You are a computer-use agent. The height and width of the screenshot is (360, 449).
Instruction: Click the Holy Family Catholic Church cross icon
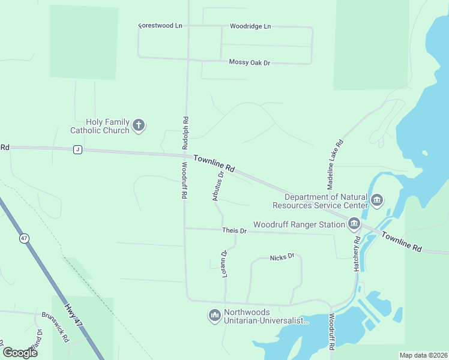139,125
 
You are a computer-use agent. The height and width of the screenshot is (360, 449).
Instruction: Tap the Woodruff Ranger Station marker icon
354,224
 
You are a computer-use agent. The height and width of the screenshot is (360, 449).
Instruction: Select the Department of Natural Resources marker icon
377,200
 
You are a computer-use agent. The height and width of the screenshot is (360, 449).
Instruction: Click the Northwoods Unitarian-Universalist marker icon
215,316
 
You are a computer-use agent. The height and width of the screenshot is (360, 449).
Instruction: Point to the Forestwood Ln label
160,26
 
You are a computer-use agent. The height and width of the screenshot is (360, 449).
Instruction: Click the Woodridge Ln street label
250,26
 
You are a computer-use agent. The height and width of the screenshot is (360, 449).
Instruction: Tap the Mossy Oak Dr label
250,62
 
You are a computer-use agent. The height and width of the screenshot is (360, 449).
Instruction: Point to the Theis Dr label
234,230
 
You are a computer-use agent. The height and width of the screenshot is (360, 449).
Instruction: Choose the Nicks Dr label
282,257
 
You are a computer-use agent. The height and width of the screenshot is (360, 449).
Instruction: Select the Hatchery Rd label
357,253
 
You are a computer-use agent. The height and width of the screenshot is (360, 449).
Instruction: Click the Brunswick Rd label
55,327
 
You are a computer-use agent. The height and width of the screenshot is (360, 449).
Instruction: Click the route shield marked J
77,149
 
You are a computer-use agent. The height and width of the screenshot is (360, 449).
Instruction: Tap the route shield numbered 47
24,238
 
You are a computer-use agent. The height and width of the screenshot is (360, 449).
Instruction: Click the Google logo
20,352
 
